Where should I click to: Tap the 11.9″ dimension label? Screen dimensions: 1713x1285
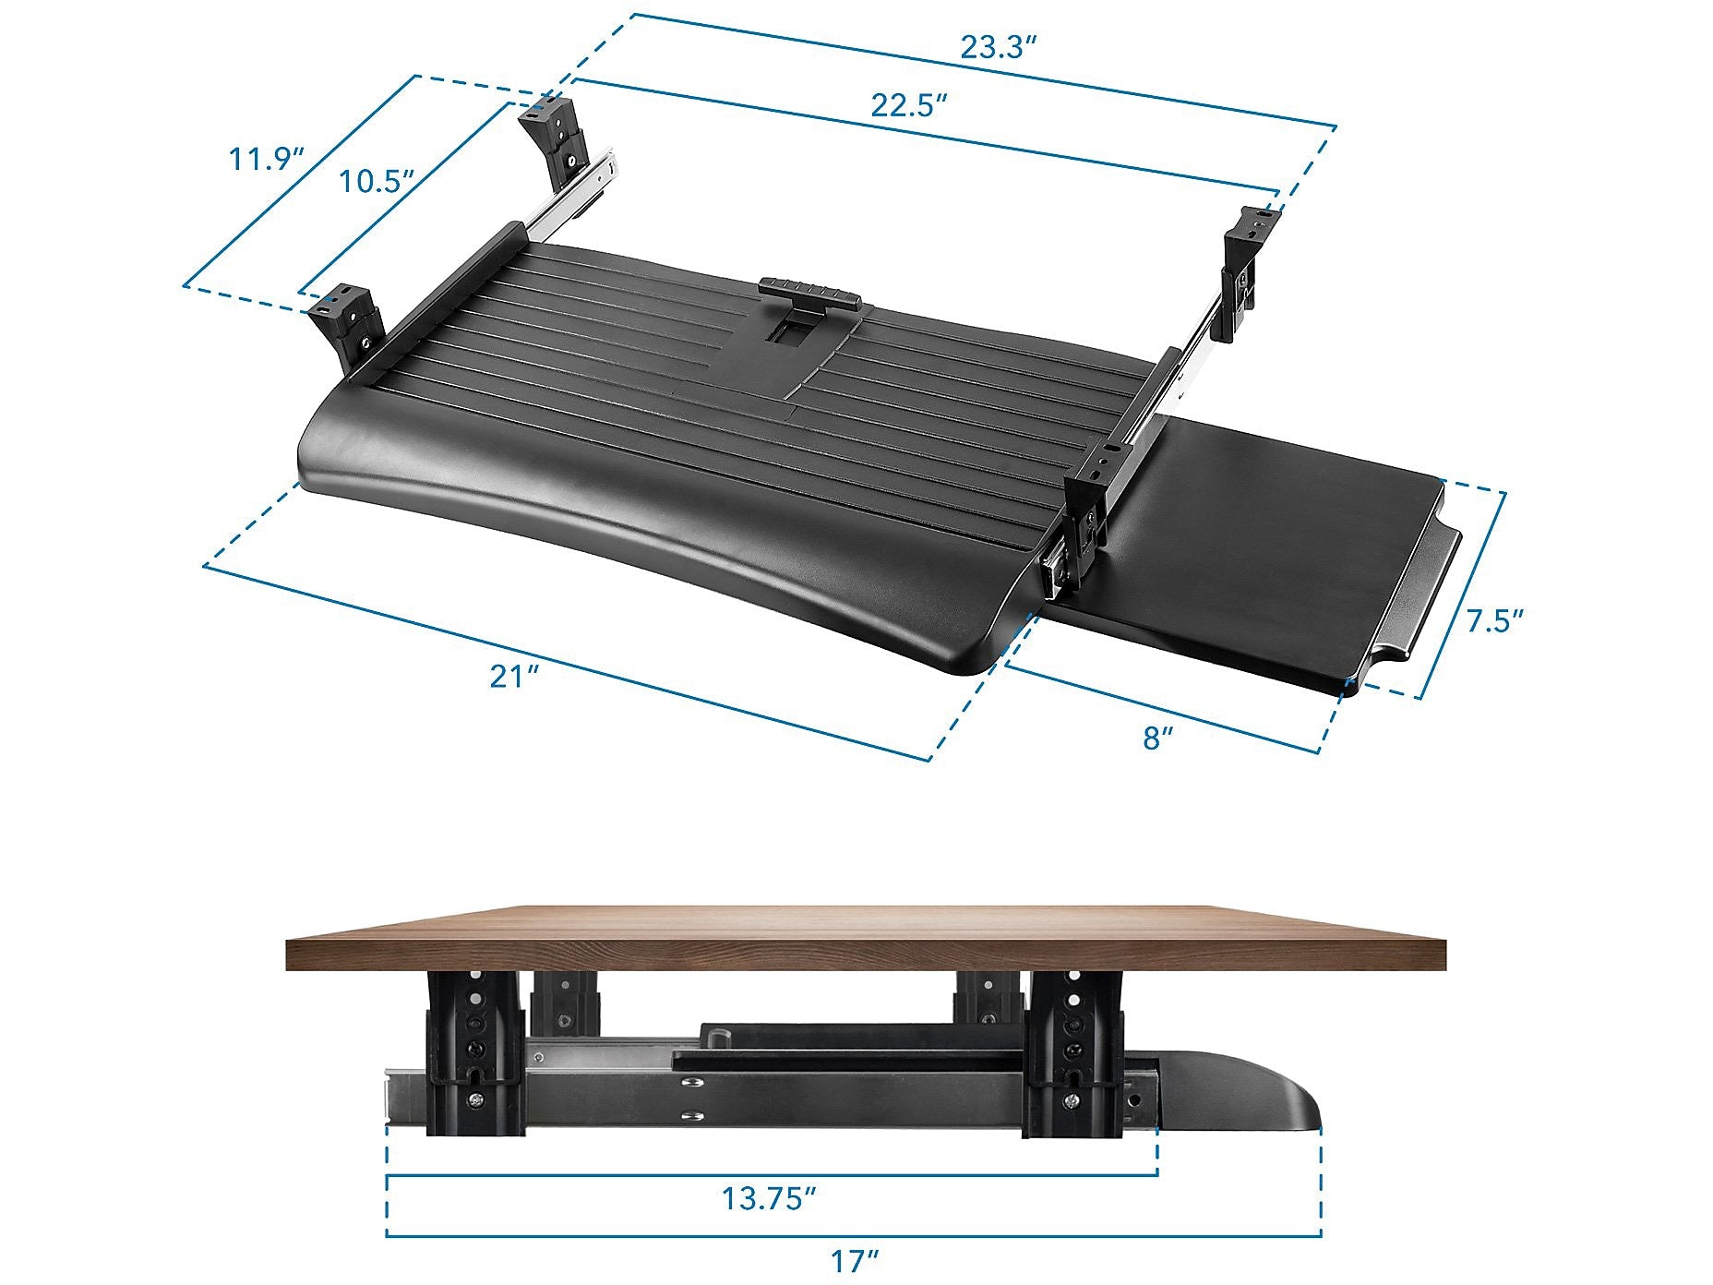pos(267,159)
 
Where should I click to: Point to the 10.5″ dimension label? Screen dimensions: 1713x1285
pos(375,181)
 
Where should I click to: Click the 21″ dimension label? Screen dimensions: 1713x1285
pos(514,677)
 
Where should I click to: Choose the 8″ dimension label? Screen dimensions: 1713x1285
pos(1158,738)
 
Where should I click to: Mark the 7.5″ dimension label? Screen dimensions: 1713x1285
pos(1495,620)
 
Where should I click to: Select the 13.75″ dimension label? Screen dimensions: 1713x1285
pos(769,1198)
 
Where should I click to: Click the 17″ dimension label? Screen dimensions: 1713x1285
pos(853,1260)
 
